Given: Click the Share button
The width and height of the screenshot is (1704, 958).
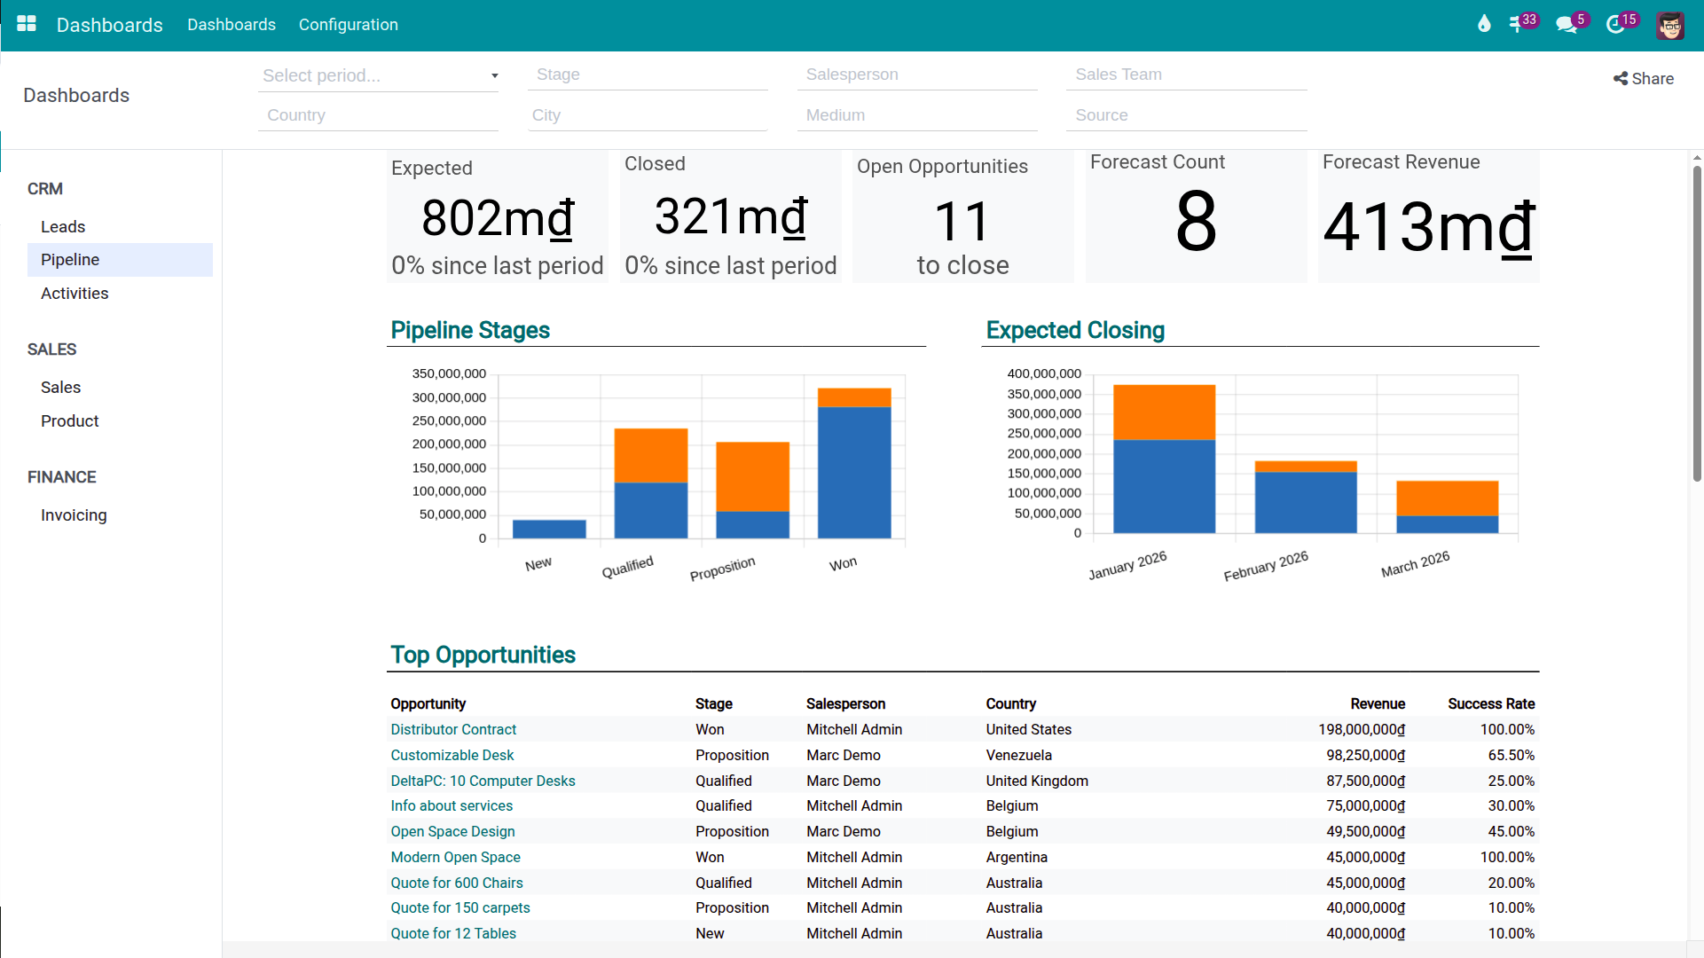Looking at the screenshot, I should (1644, 79).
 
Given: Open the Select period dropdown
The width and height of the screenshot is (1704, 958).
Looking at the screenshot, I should (379, 76).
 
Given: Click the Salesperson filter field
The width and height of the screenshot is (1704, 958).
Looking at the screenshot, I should (916, 75).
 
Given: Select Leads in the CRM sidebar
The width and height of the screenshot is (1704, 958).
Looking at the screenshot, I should (63, 227).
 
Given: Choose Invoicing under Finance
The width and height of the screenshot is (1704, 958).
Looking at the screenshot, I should (74, 515).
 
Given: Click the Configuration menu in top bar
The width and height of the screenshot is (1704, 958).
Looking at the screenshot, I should (348, 25).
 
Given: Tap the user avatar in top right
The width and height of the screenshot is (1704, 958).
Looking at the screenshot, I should (1669, 25).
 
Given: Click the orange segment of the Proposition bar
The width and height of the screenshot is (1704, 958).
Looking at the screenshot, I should (752, 476).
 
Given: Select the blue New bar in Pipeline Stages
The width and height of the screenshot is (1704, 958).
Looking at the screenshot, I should (549, 530).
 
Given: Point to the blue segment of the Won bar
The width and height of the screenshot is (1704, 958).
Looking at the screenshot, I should (853, 472).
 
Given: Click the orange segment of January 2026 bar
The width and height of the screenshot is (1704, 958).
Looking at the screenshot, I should (1164, 412).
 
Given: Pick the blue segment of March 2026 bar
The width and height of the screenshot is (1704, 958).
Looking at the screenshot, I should (1447, 524).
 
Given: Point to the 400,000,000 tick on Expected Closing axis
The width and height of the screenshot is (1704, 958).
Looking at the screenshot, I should (1044, 374).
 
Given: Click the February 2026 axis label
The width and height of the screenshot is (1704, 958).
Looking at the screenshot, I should (1266, 566).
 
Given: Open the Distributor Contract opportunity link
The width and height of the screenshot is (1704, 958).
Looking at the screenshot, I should (453, 730).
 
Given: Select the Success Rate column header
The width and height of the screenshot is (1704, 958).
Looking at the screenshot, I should (1490, 704).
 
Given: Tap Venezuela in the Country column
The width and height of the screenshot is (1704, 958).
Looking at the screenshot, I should (1018, 756).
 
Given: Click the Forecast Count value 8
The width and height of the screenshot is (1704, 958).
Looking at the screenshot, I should (1196, 222).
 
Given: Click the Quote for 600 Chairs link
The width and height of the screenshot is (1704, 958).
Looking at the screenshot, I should (457, 883).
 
